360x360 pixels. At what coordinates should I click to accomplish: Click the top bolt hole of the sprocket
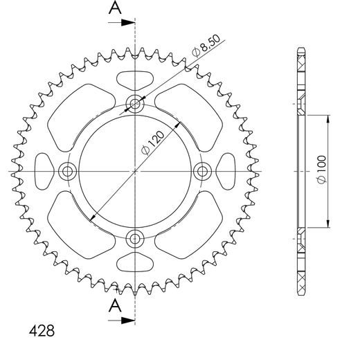(135, 105)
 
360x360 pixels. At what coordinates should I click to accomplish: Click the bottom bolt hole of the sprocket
(135, 238)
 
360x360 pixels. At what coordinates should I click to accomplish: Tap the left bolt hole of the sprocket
(68, 171)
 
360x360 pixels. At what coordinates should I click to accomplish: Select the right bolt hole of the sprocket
(201, 171)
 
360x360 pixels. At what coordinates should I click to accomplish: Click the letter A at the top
(115, 8)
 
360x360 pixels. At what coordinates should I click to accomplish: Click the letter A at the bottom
(115, 305)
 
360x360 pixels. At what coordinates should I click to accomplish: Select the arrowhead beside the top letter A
(128, 22)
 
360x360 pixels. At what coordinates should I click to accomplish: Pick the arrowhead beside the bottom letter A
(128, 319)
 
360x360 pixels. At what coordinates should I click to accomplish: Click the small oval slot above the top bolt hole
(135, 78)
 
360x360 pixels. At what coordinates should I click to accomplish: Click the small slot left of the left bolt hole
(43, 171)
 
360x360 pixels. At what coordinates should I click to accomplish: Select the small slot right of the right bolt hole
(228, 171)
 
